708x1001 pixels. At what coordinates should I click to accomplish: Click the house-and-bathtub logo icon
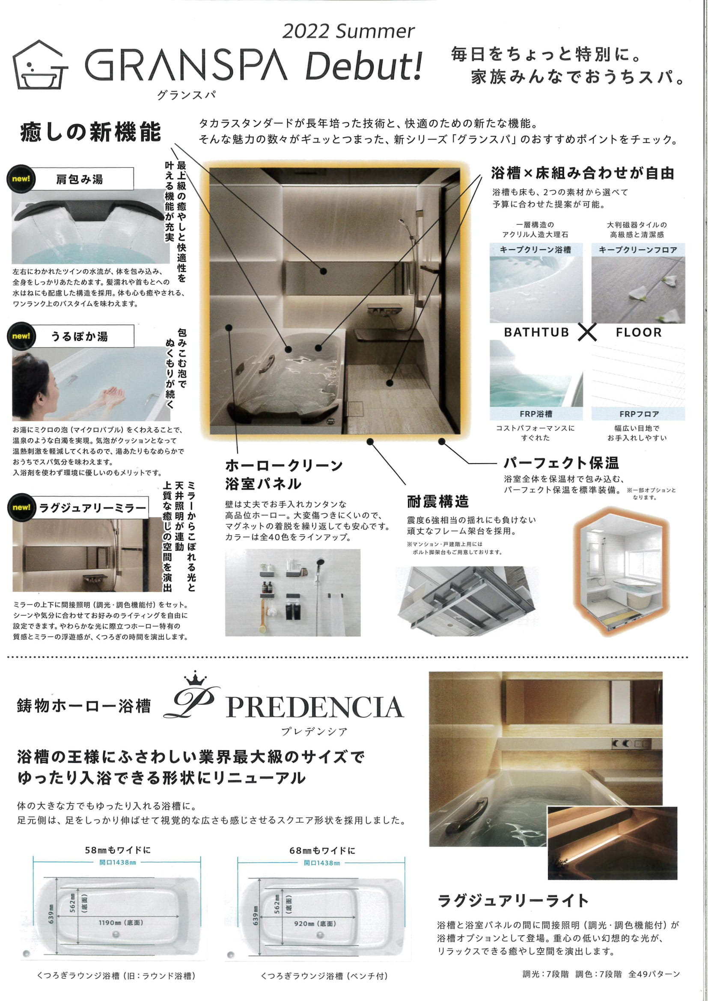pos(40,65)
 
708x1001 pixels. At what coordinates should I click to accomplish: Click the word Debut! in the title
pos(364,66)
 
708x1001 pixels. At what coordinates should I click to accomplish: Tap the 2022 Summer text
pos(348,31)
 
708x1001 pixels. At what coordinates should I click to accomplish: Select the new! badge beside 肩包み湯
pos(21,179)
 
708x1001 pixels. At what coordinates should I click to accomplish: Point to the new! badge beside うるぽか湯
pos(21,336)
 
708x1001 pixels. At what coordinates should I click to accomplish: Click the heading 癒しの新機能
pos(91,132)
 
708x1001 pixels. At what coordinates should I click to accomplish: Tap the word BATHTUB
pos(536,332)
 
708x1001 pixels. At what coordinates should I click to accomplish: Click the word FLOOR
pos(639,332)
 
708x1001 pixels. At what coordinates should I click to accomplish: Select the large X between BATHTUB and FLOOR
pos(587,332)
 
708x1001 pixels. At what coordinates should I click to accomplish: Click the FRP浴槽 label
pos(536,414)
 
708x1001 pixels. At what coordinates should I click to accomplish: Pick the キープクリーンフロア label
pos(638,250)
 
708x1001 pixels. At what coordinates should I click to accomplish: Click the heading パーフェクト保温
pos(561,463)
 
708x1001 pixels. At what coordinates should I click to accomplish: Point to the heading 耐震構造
pos(438,502)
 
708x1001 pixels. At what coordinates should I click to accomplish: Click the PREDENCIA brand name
pos(315,707)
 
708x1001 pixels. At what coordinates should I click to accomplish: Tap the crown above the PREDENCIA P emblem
pos(195,679)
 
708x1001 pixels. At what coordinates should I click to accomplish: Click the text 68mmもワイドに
pos(322,850)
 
